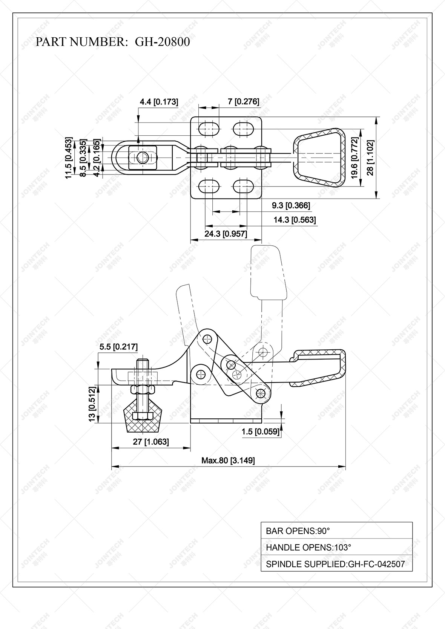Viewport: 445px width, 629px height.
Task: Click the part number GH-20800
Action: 162,41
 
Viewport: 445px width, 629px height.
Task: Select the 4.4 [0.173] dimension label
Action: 159,102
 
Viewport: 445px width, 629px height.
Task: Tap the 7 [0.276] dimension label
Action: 244,101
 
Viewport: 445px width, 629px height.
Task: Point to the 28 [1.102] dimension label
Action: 370,158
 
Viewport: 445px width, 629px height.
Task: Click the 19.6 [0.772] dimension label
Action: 354,158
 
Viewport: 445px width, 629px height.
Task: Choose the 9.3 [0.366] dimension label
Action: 291,205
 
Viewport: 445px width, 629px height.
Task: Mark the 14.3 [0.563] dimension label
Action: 295,220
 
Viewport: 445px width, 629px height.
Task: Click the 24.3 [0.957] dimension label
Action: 226,234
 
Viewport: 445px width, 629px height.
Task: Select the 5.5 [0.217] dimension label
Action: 118,347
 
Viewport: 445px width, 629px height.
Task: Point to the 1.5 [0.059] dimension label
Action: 261,432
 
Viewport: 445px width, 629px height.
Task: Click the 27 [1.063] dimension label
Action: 151,441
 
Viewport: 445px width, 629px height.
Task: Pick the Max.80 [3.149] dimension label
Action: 228,460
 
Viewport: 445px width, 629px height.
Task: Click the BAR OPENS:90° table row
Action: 336,531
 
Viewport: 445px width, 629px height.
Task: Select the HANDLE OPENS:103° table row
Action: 336,547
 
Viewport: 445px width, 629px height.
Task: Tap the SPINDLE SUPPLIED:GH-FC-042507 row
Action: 336,564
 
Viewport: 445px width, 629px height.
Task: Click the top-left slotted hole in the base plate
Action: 209,129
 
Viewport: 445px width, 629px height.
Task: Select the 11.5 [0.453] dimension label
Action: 68,158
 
